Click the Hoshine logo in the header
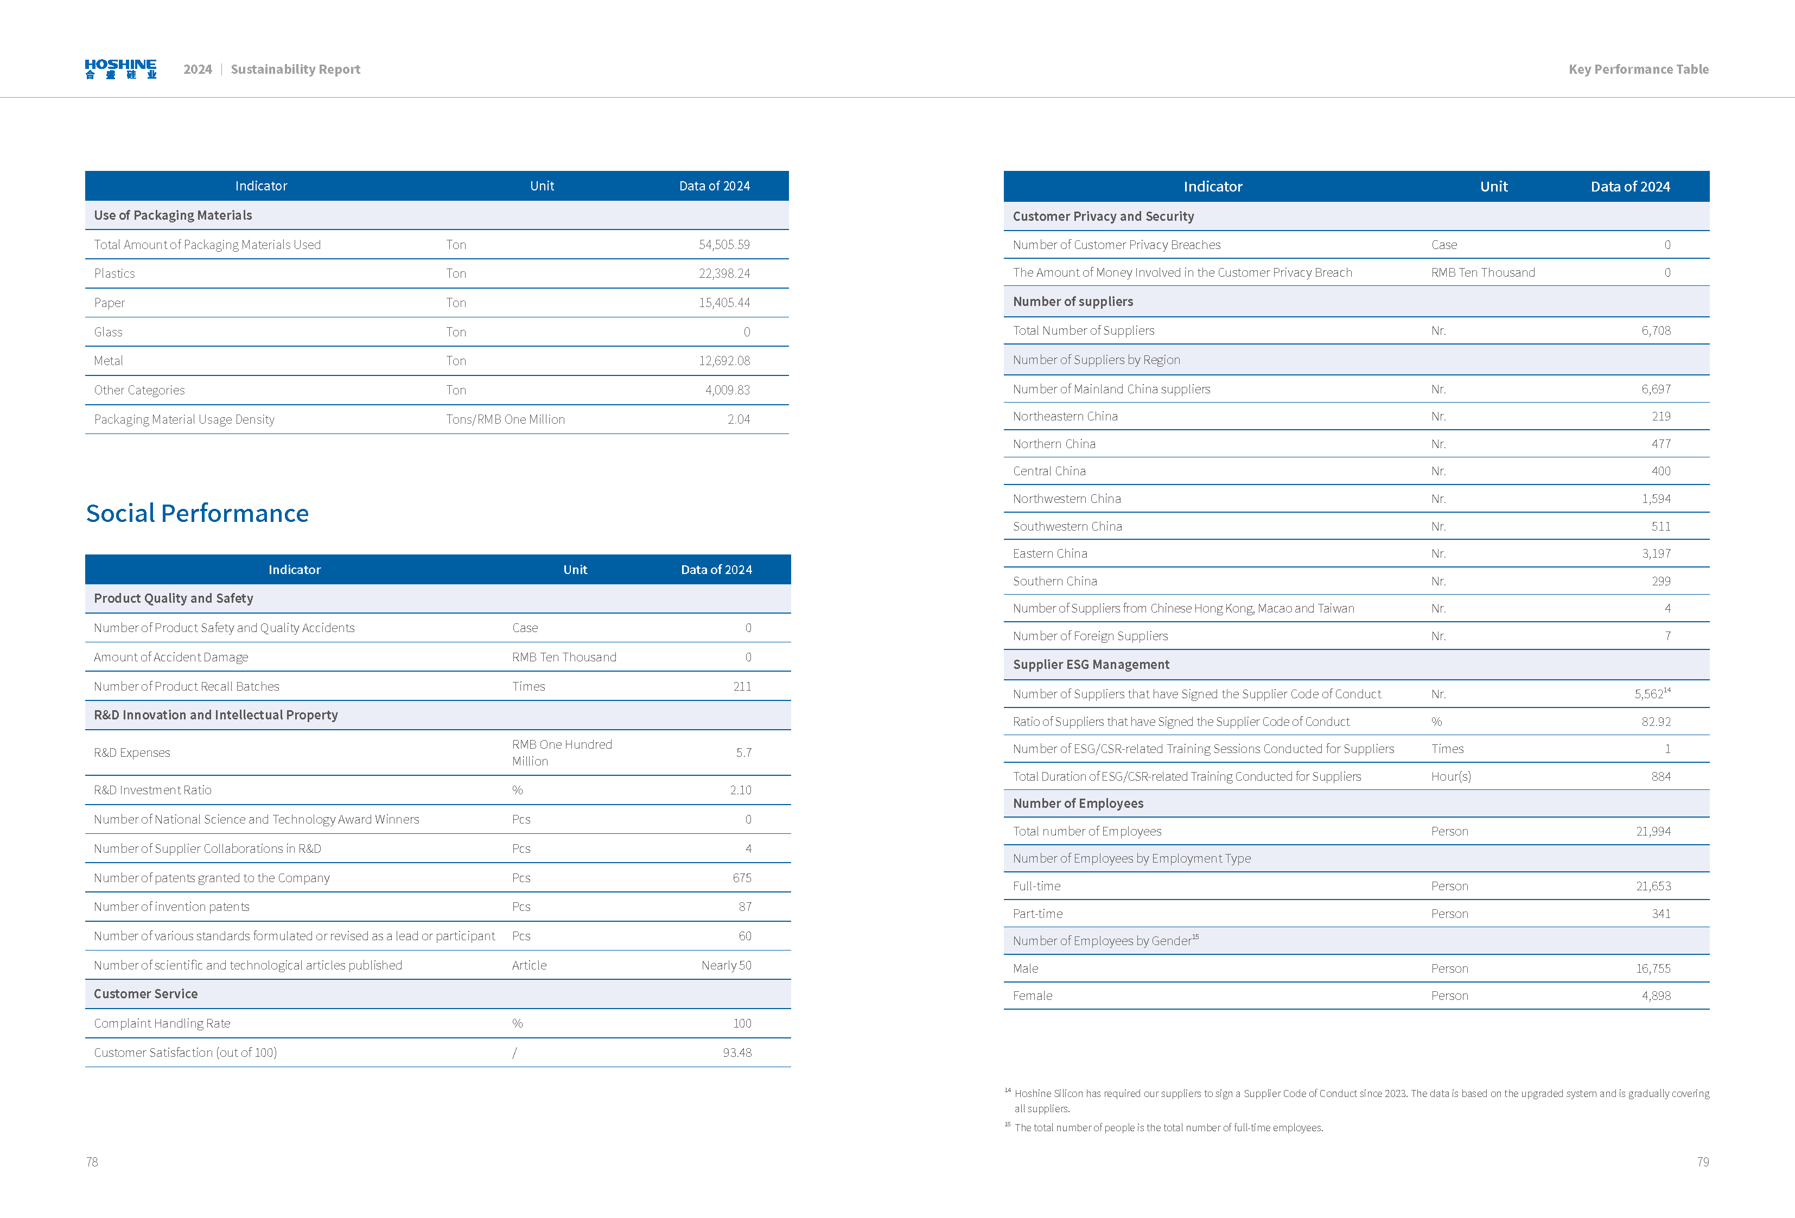120,69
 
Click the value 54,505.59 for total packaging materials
724,245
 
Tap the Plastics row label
114,273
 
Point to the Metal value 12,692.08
724,361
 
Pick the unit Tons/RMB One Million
505,419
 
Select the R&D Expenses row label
132,753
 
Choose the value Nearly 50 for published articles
726,965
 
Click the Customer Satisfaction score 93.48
737,1052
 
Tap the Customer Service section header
146,994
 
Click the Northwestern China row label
1067,499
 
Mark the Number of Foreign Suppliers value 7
1667,636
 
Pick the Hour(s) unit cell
1450,776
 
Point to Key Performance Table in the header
1638,69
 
